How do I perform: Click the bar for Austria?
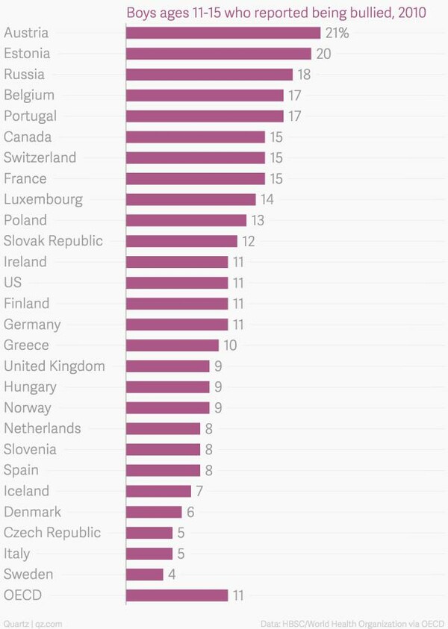tap(223, 33)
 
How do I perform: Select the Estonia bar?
tap(219, 54)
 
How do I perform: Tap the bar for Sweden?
tap(145, 575)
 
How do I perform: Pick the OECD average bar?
tap(177, 595)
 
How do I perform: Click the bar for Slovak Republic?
tap(181, 241)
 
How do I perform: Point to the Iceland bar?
tap(158, 491)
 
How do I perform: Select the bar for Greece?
tap(172, 345)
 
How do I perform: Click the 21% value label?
tap(337, 33)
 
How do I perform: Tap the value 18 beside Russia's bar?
tap(304, 75)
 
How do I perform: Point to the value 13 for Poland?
tap(258, 220)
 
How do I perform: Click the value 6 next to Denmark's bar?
tap(190, 512)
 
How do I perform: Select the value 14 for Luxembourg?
tap(267, 199)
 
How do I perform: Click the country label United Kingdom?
tap(55, 366)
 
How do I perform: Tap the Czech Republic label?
tap(52, 533)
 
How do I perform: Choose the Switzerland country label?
tap(40, 157)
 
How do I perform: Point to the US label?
tap(13, 283)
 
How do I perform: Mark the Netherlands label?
tap(43, 428)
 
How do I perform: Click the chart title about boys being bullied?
tap(276, 13)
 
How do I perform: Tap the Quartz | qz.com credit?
tap(31, 622)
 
